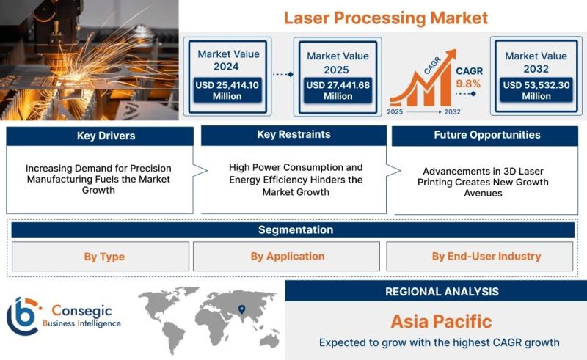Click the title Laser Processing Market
coord(386,18)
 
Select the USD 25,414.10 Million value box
coord(227,90)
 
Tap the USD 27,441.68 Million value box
coord(338,90)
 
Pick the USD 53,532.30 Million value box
coord(536,90)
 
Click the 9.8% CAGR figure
coord(468,84)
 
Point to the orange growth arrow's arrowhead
coord(451,54)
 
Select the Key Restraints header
coord(294,135)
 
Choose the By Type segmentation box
coord(101,257)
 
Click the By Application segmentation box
coord(286,257)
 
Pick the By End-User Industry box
coord(480,257)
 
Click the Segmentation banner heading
coord(296,229)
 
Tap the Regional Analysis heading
coord(442,292)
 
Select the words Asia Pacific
coord(441,321)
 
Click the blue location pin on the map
coord(242,309)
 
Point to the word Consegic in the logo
coord(81,311)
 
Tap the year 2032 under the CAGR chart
coord(452,112)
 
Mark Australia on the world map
coord(269,340)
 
